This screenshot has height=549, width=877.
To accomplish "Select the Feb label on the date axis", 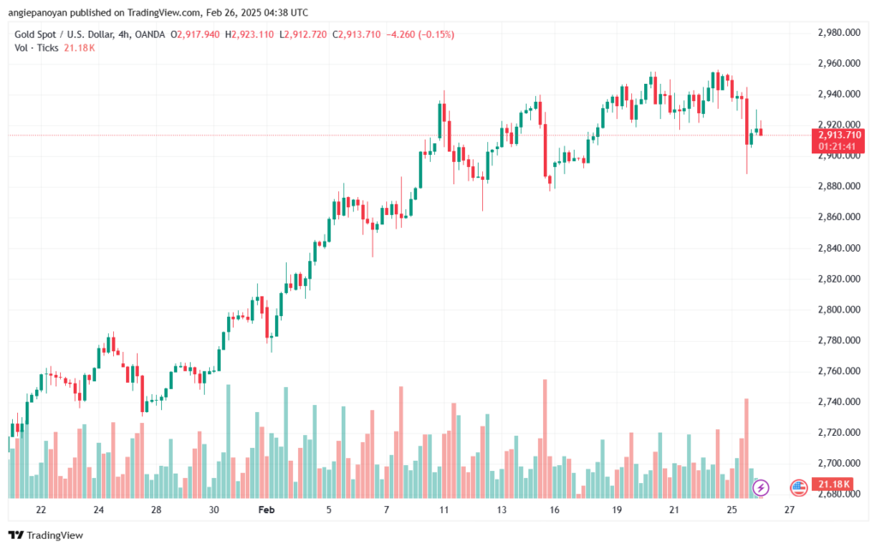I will [x=265, y=509].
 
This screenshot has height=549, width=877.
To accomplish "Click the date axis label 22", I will [x=40, y=509].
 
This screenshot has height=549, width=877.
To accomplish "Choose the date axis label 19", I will [x=617, y=509].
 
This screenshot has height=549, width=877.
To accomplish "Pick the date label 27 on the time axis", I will [x=790, y=509].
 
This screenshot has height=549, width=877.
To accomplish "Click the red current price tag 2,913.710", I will [x=839, y=134].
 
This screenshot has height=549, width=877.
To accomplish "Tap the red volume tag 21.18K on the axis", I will [x=833, y=486].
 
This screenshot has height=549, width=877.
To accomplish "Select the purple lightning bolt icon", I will [x=761, y=487].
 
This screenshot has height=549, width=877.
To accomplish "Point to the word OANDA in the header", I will [x=149, y=34].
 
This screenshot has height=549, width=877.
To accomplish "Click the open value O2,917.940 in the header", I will [x=196, y=34].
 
